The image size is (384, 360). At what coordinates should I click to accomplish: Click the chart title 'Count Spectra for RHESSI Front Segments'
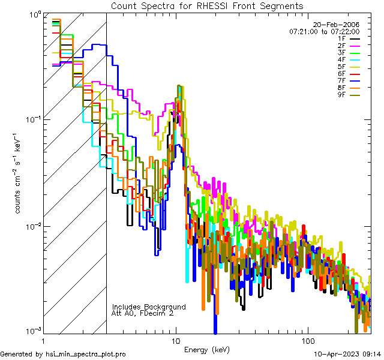tap(207, 5)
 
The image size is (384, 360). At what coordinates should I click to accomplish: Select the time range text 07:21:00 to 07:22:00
tap(324, 31)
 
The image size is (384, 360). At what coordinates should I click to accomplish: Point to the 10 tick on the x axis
tap(175, 339)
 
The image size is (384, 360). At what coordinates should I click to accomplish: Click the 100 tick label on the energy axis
tap(307, 339)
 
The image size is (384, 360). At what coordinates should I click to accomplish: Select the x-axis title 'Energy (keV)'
tap(207, 349)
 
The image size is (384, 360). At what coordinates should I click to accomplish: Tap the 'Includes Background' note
tap(148, 307)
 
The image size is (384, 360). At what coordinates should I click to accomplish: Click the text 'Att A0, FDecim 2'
tap(143, 314)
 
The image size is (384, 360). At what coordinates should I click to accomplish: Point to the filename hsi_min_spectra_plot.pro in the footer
tap(85, 354)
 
